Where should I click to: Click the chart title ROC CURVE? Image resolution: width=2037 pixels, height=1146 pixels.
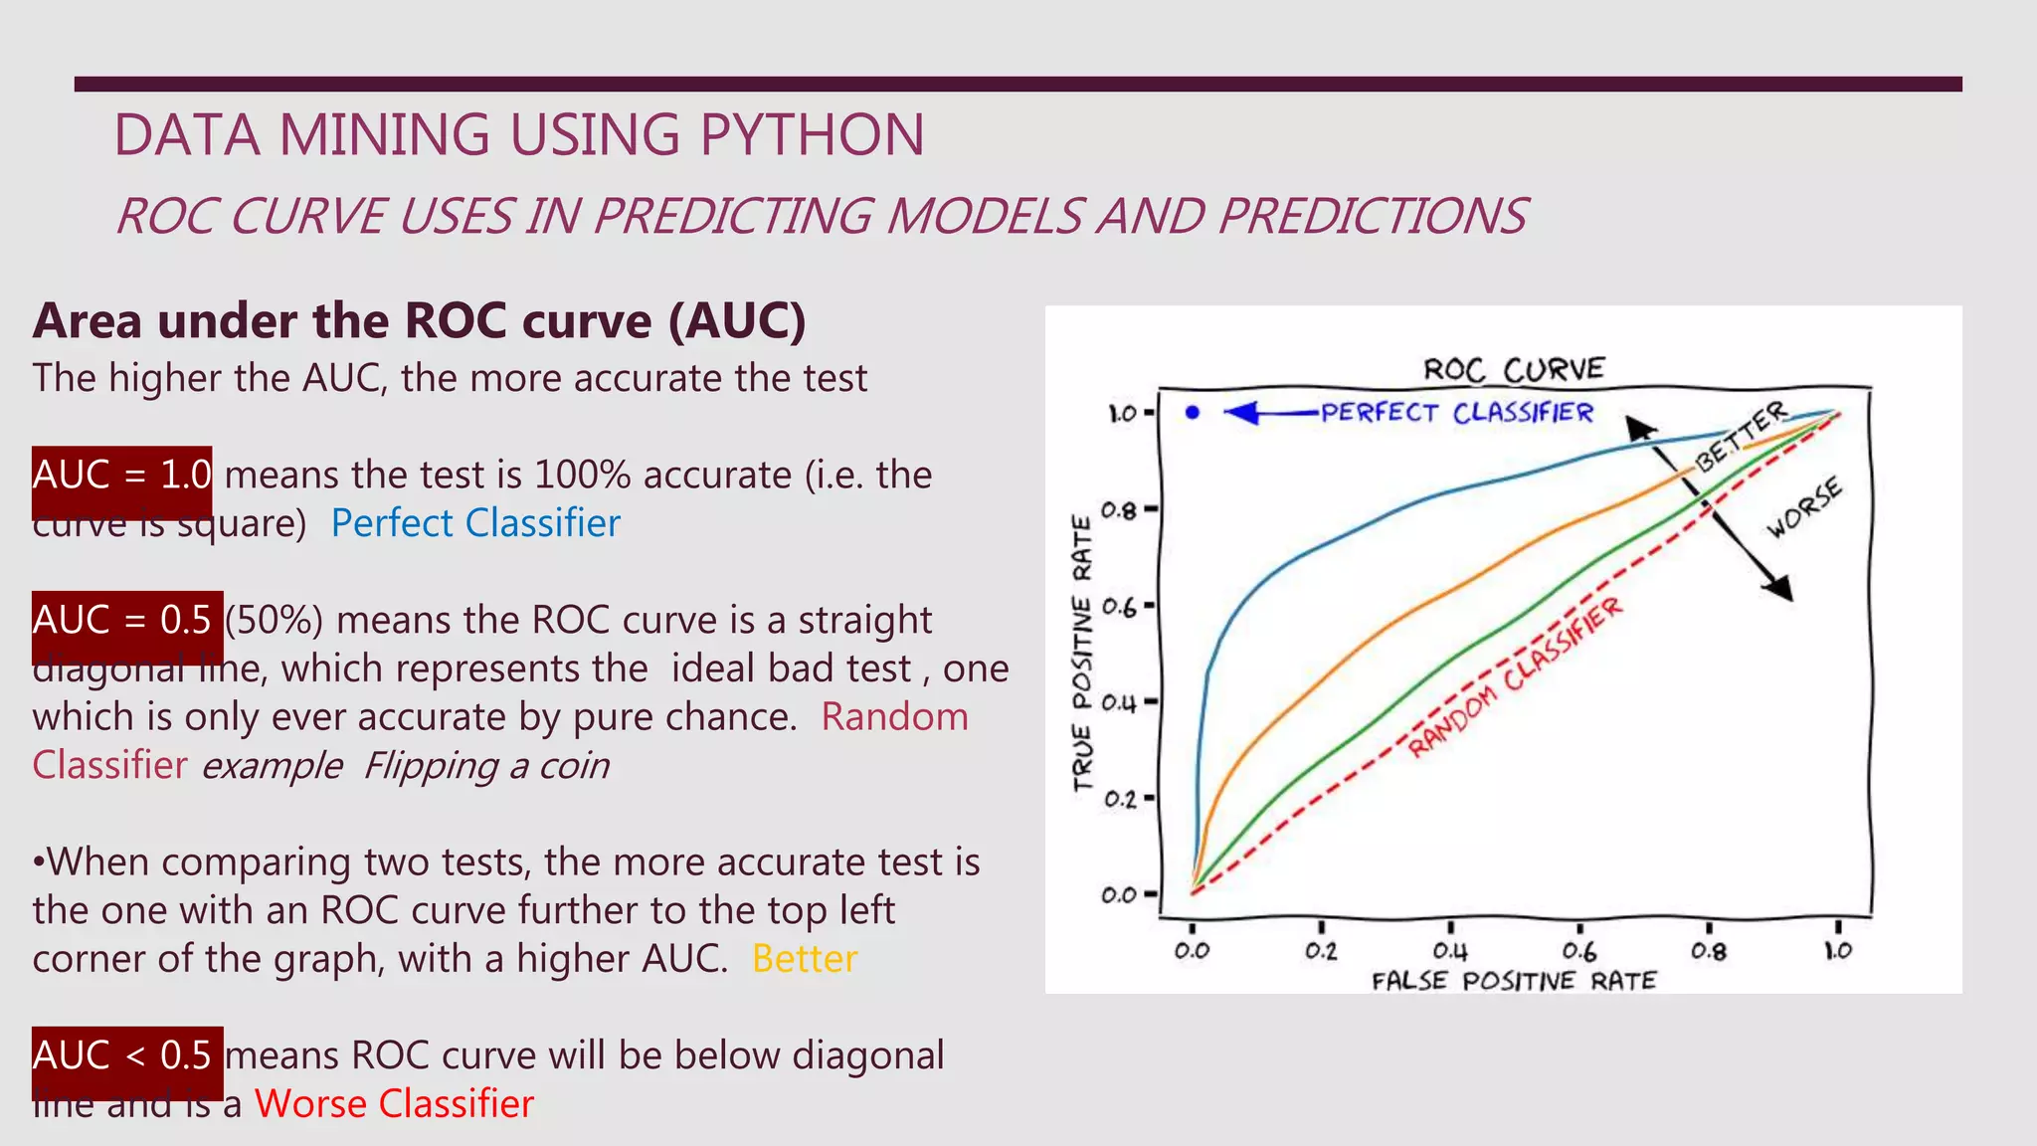pyautogui.click(x=1513, y=369)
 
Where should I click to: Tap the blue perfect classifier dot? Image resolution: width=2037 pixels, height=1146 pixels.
pyautogui.click(x=1193, y=412)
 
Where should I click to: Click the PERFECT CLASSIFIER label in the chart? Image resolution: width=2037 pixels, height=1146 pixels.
pyautogui.click(x=1456, y=412)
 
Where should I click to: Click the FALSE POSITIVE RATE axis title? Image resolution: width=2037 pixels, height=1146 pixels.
pyautogui.click(x=1513, y=981)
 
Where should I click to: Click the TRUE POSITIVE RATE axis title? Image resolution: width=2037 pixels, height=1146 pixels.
pyautogui.click(x=1082, y=653)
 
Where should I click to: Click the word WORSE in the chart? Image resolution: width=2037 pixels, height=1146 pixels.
pyautogui.click(x=1804, y=507)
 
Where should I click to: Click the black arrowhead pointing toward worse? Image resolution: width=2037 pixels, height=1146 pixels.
pyautogui.click(x=1778, y=588)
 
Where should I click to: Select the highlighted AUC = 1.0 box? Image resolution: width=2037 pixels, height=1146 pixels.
pyautogui.click(x=121, y=476)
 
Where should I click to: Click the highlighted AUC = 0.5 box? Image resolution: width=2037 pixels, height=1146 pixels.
pyautogui.click(x=126, y=621)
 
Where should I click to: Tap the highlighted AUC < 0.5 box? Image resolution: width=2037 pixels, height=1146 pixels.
pyautogui.click(x=126, y=1056)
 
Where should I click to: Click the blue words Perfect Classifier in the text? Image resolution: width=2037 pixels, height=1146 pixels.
pyautogui.click(x=475, y=523)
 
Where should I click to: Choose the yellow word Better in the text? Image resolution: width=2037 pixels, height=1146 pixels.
pyautogui.click(x=804, y=959)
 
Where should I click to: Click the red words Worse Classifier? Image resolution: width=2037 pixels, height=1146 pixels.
pyautogui.click(x=394, y=1104)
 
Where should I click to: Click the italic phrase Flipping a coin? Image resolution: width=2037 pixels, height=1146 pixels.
pyautogui.click(x=486, y=766)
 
